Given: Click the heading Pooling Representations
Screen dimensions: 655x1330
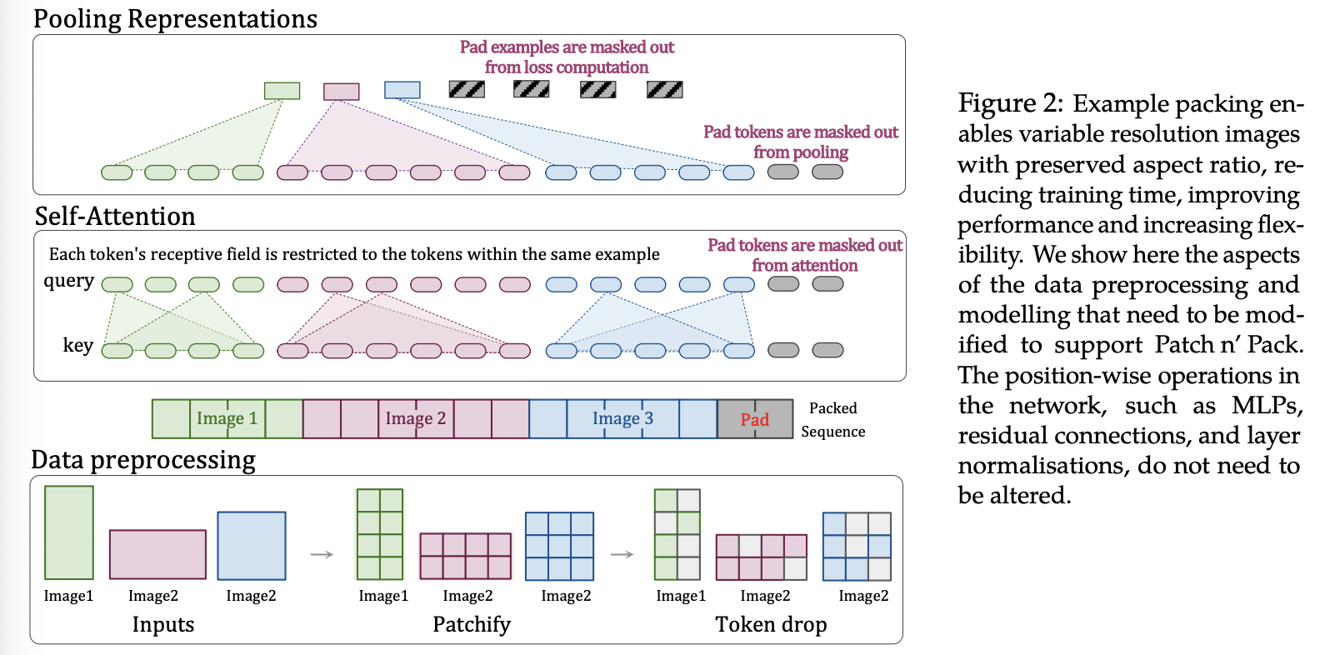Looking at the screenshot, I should click(x=175, y=19).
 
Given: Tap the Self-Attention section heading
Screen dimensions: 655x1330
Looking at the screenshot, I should click(x=115, y=217).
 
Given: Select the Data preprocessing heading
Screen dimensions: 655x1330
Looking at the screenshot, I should click(x=143, y=460).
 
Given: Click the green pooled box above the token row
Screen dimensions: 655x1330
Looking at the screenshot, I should click(x=282, y=91).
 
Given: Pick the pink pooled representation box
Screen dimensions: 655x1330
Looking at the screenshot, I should click(x=341, y=91).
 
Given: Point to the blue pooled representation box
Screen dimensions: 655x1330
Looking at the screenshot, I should click(x=402, y=90).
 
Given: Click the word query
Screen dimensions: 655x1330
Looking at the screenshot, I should click(x=68, y=281).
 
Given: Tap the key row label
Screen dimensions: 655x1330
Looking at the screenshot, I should click(x=77, y=345).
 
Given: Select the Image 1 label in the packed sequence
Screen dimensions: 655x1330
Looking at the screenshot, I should click(x=227, y=418).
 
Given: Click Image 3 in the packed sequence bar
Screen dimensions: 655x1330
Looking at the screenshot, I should click(x=622, y=418).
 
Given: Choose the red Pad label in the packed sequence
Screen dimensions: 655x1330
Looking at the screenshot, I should click(x=754, y=420).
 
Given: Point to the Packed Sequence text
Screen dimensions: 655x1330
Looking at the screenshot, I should click(x=832, y=419).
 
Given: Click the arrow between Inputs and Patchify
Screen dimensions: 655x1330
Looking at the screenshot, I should click(x=322, y=554).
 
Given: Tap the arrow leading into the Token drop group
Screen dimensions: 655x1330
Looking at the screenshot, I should click(x=622, y=554).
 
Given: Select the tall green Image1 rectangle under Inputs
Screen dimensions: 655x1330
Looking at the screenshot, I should click(x=68, y=532).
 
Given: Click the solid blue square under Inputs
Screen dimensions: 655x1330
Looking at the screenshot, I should click(x=251, y=546).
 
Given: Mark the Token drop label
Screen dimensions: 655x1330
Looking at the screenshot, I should click(x=771, y=624).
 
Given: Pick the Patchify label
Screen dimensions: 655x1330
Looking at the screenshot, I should click(x=471, y=624).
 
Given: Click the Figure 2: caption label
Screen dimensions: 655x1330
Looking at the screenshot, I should click(x=1010, y=103).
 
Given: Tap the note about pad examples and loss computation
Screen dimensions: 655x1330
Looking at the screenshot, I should click(x=567, y=57).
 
